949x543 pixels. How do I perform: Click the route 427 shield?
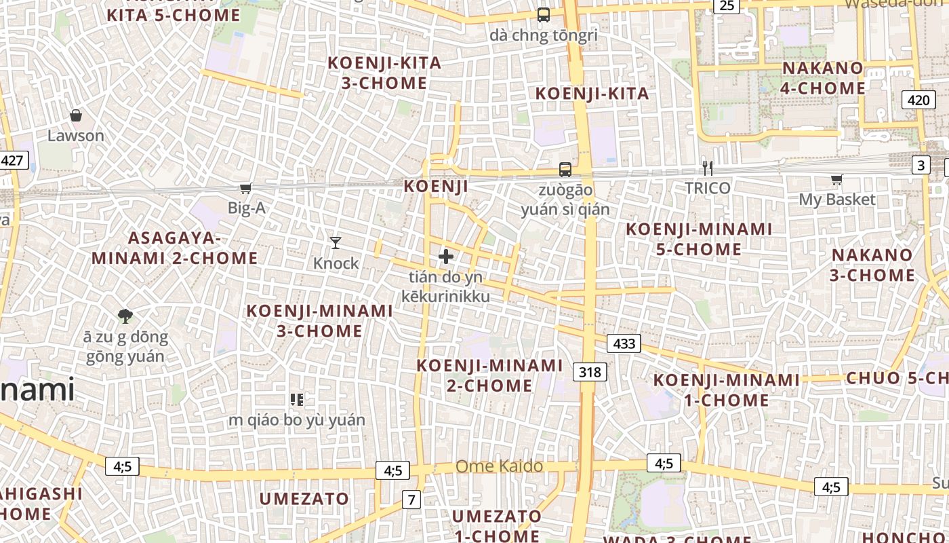[x=12, y=161]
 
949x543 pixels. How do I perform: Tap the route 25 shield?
[x=726, y=6]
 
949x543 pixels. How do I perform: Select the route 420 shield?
[x=918, y=100]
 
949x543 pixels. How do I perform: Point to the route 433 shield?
[x=624, y=343]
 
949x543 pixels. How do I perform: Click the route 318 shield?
[x=590, y=372]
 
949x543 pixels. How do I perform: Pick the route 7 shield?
[x=411, y=500]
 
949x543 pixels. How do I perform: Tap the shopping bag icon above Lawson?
[x=76, y=116]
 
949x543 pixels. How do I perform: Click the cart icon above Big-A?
[x=245, y=188]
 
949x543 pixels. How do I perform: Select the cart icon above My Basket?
[x=836, y=180]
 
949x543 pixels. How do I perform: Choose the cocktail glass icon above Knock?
[x=336, y=242]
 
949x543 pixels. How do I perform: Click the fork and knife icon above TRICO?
[x=708, y=168]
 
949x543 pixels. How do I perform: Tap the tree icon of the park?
[x=125, y=316]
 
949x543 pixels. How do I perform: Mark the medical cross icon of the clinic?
[x=446, y=257]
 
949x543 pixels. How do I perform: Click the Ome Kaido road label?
[x=499, y=466]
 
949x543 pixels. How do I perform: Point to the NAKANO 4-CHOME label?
[x=823, y=78]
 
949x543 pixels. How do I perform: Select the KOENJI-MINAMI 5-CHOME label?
[x=699, y=239]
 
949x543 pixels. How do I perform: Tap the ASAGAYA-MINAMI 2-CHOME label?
[x=175, y=248]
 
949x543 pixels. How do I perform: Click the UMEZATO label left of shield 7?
[x=304, y=499]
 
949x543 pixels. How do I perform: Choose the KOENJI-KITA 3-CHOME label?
[x=384, y=73]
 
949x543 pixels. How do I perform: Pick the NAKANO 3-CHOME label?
[x=873, y=265]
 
